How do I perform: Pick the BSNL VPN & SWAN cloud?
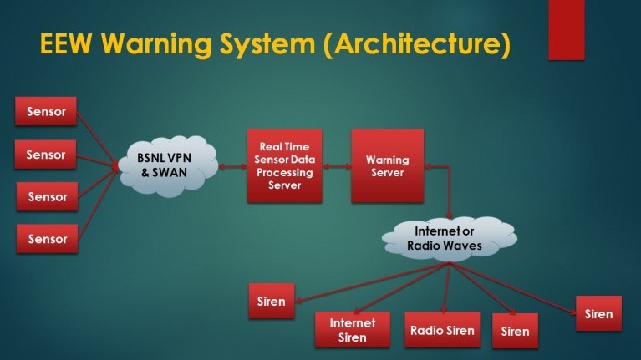point(167,164)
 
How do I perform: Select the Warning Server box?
point(387,165)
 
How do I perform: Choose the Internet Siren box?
point(352,330)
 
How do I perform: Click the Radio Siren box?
point(442,330)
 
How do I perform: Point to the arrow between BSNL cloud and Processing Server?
point(231,168)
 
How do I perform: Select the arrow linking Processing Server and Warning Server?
point(338,168)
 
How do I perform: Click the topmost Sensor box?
point(46,111)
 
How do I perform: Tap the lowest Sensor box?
point(47,239)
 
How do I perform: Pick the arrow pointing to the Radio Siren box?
point(445,288)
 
